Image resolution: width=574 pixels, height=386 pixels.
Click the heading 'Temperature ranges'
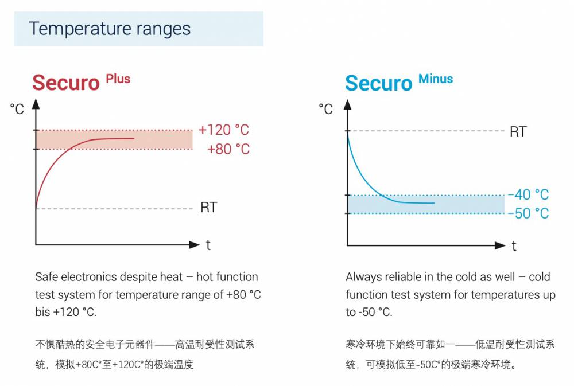tap(110, 29)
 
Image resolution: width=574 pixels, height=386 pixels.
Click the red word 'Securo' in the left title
tap(66, 83)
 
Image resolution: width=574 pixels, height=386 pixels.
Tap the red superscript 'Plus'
tap(118, 79)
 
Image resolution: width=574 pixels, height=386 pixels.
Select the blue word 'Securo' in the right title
tap(379, 83)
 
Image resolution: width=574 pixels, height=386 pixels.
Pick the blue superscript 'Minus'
tap(436, 79)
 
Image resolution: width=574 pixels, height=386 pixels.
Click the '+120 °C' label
tap(224, 130)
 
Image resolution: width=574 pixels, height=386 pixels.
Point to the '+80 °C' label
tap(228, 149)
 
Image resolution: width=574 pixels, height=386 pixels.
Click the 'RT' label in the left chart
tap(209, 208)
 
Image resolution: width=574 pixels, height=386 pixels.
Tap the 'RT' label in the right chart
tap(518, 132)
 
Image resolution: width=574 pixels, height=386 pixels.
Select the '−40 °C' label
tap(528, 194)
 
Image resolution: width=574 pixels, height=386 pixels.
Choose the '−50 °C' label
tap(528, 213)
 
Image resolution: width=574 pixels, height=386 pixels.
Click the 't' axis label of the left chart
tap(208, 245)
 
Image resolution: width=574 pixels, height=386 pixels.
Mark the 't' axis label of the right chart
tap(514, 246)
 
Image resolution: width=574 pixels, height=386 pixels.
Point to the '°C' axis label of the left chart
tap(17, 109)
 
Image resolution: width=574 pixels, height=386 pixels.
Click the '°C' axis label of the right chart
tap(326, 109)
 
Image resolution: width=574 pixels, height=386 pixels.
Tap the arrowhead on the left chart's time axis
tap(195, 245)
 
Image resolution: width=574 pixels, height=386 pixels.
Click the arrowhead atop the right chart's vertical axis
tap(347, 104)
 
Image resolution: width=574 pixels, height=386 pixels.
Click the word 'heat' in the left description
tap(170, 277)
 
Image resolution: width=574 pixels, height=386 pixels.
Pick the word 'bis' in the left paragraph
tap(42, 312)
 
